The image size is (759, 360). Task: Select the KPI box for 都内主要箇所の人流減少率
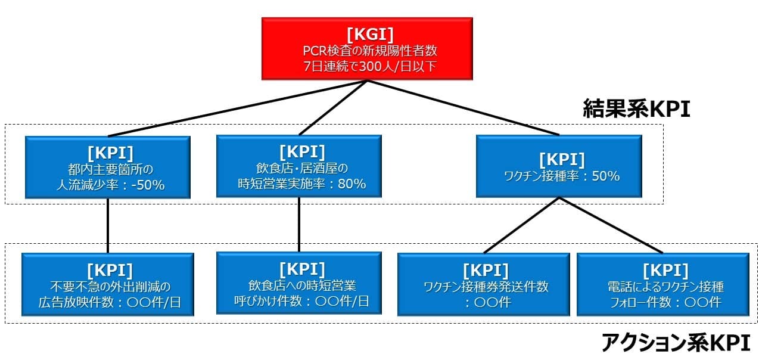[108, 167]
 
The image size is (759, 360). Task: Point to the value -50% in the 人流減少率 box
[147, 185]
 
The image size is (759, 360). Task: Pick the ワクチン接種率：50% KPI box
[559, 166]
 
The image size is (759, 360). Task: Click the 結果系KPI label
[636, 109]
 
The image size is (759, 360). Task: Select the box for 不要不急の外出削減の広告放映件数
[108, 284]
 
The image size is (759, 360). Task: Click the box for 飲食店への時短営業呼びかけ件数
[298, 284]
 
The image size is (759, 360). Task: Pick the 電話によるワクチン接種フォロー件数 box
[662, 284]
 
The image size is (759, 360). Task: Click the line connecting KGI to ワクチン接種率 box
[465, 107]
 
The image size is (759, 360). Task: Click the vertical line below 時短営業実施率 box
[298, 224]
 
